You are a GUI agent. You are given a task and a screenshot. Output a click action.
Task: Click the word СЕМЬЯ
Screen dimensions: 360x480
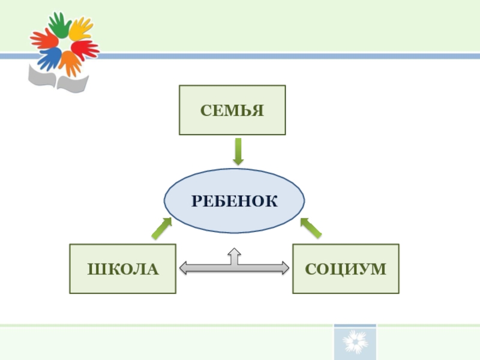point(232,110)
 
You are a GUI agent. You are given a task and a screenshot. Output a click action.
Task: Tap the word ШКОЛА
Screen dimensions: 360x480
point(123,269)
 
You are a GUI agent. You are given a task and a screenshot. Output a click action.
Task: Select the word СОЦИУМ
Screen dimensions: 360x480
point(346,269)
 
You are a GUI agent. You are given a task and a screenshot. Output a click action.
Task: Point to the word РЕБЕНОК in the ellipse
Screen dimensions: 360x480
point(235,201)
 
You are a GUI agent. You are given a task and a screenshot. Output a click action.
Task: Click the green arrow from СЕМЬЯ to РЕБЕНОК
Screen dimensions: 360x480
point(238,151)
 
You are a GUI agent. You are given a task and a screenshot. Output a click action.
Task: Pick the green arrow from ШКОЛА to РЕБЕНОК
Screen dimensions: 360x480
point(160,228)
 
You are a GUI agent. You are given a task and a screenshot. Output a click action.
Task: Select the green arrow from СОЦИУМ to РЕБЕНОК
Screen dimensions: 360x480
point(310,228)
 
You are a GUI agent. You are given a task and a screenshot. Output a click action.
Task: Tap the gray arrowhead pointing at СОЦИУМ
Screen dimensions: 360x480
point(283,268)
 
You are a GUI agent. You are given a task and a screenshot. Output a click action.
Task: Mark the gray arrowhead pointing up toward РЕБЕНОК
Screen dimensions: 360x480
point(235,253)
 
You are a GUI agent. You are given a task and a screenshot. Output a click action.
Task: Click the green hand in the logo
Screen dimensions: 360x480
point(59,24)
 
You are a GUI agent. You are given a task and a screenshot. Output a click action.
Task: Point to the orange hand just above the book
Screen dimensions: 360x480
point(70,61)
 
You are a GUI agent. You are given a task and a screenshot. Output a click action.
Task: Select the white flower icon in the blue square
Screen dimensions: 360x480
point(355,343)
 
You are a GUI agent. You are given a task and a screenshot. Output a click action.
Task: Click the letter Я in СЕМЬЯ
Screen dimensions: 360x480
point(258,110)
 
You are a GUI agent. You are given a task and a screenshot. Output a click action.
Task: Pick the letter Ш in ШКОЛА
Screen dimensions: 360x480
point(95,269)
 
